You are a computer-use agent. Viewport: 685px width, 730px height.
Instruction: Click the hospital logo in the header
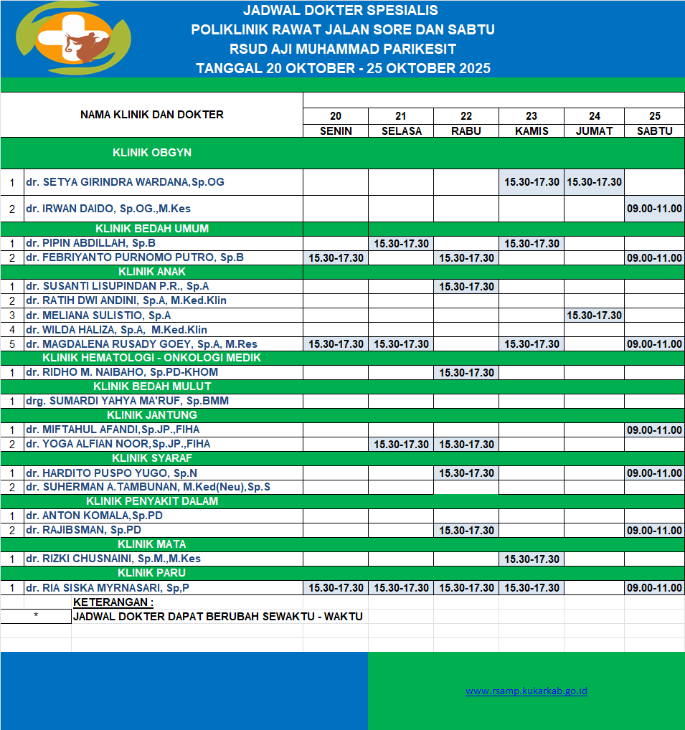click(x=74, y=39)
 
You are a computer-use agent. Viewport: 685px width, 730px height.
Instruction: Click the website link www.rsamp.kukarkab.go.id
click(x=526, y=691)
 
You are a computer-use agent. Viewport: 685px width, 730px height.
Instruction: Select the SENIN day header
click(x=336, y=131)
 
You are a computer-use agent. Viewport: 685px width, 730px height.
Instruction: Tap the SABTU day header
click(x=654, y=131)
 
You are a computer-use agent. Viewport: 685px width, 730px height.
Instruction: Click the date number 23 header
click(x=531, y=116)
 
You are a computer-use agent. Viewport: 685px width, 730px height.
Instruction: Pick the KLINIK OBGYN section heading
click(x=152, y=153)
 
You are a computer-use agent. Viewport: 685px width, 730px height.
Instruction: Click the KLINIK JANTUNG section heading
click(x=152, y=415)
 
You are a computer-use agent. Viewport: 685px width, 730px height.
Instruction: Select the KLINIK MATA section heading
click(x=152, y=544)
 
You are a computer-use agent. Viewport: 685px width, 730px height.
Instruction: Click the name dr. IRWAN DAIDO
click(x=108, y=209)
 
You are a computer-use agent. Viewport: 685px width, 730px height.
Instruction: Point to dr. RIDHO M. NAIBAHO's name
click(x=121, y=372)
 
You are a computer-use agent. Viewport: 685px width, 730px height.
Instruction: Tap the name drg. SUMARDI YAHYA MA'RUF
click(x=127, y=401)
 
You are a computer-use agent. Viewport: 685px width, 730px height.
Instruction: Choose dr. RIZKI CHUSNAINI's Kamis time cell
click(x=532, y=559)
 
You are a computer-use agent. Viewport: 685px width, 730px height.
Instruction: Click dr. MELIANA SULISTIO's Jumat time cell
click(x=594, y=315)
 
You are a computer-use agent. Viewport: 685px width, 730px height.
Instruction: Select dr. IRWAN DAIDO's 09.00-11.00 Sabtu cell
click(x=654, y=209)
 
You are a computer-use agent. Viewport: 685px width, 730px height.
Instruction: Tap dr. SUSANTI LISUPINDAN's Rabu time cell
click(x=466, y=286)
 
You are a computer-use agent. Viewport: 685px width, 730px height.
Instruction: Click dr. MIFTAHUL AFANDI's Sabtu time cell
click(x=654, y=430)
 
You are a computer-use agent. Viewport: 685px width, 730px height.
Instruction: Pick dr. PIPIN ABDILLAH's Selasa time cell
click(x=401, y=243)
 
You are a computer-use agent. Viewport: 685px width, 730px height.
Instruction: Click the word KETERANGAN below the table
click(x=113, y=602)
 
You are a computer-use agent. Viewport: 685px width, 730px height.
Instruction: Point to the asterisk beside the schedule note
click(x=36, y=616)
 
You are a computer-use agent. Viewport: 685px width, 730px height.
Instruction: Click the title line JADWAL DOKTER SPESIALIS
click(x=341, y=11)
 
